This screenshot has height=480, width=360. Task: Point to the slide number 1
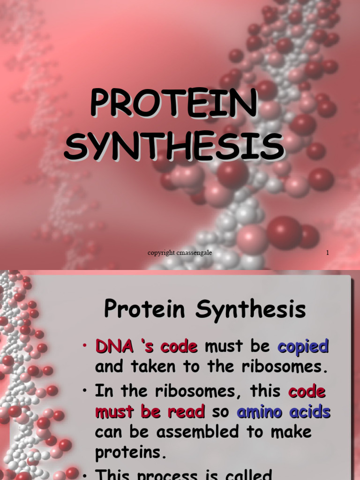tap(328, 253)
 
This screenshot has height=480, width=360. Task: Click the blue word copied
tap(303, 347)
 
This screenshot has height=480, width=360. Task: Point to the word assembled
tap(187, 432)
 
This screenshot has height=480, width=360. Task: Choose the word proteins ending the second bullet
tap(131, 453)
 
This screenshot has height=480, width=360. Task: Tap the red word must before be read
tap(114, 412)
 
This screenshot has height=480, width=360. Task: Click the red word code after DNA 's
tap(179, 347)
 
